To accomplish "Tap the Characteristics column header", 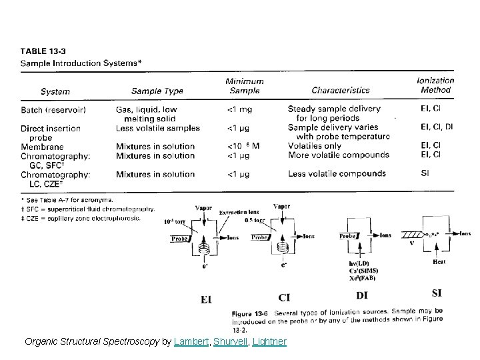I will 340,90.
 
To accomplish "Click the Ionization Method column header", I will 435,85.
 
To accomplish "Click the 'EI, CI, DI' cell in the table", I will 437,127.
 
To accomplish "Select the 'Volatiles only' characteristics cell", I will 315,146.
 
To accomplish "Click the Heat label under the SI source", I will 439,262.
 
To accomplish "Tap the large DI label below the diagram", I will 363,295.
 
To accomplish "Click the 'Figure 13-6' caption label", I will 250,313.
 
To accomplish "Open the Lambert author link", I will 191,342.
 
